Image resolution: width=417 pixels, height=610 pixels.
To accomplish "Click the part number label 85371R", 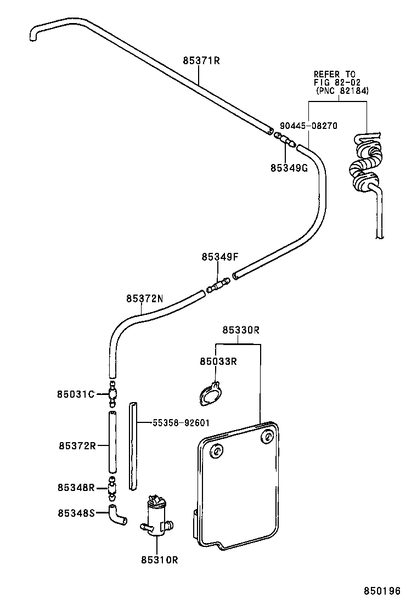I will click(x=201, y=61).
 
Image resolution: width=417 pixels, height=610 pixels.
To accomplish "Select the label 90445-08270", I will click(x=307, y=126).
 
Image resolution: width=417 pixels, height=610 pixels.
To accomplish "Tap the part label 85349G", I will click(x=289, y=168).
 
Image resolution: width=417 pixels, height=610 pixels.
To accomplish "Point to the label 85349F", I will click(x=220, y=257).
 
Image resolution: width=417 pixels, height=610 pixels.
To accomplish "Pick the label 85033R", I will click(x=218, y=362).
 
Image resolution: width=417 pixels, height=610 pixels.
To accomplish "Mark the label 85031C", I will click(x=76, y=394).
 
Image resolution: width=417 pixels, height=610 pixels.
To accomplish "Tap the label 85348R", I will click(x=76, y=487).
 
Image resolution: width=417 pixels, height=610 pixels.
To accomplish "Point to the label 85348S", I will click(x=76, y=513).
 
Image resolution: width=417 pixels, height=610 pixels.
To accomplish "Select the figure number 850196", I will click(x=382, y=591).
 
